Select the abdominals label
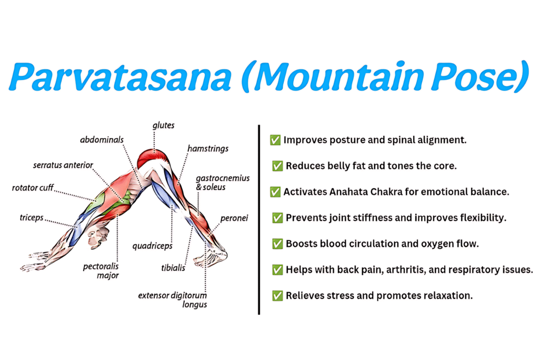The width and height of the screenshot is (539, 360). [x=102, y=140]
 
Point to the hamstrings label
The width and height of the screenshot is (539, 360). [x=208, y=149]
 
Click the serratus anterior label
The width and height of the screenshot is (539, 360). [x=62, y=165]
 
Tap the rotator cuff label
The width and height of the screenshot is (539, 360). [x=33, y=187]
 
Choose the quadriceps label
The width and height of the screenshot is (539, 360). [x=153, y=246]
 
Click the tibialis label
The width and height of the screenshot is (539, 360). [x=173, y=268]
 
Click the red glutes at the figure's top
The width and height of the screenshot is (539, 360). [x=153, y=158]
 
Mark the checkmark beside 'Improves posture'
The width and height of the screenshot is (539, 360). [x=275, y=140]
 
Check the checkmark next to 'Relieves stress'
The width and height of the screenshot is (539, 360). [x=277, y=295]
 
